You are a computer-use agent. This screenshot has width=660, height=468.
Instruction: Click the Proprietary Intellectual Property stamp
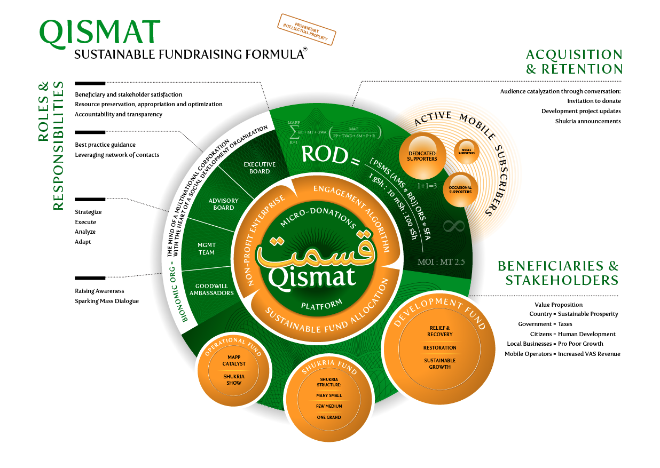pos(307,29)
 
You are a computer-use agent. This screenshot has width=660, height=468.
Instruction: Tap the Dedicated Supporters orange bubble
pos(422,155)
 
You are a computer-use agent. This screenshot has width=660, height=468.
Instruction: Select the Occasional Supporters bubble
pos(460,189)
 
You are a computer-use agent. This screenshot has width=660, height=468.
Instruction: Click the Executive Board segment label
pos(260,168)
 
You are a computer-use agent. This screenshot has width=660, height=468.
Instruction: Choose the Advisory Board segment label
pos(223,204)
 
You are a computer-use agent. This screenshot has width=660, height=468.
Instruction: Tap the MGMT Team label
pos(206,249)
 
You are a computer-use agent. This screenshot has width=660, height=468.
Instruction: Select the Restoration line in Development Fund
pos(439,347)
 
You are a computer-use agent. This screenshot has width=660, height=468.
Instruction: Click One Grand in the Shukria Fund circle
pos(328,417)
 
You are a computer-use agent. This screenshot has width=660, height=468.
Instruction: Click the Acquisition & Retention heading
pos(573,62)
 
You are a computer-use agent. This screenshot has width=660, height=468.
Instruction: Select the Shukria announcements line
pos(587,121)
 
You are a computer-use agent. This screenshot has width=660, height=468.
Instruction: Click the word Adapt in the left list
pos(83,242)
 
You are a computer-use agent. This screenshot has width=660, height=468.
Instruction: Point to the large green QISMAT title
pos(100,33)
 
